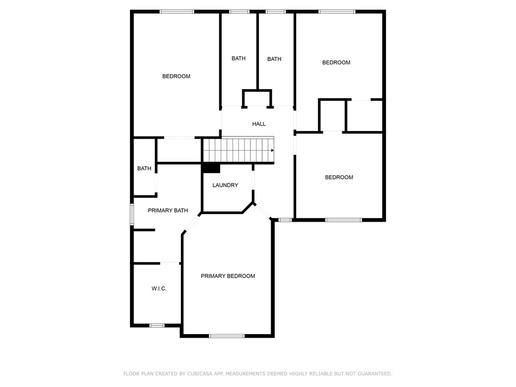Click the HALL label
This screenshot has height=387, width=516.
(x=259, y=124)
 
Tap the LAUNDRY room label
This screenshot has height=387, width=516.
(x=225, y=185)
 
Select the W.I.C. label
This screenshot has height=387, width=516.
(x=159, y=288)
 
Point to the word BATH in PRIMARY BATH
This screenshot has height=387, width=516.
(x=181, y=210)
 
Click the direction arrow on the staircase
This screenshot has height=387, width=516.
(x=273, y=150)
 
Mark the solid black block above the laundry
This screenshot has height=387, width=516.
(x=211, y=168)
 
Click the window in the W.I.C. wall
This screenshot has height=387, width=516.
(x=157, y=326)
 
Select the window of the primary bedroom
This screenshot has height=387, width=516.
(x=227, y=336)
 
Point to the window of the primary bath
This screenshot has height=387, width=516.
(x=132, y=214)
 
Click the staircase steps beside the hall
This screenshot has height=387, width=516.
(x=238, y=150)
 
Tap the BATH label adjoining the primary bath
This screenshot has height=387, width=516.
(x=144, y=168)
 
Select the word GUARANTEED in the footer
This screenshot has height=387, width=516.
(x=374, y=373)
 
